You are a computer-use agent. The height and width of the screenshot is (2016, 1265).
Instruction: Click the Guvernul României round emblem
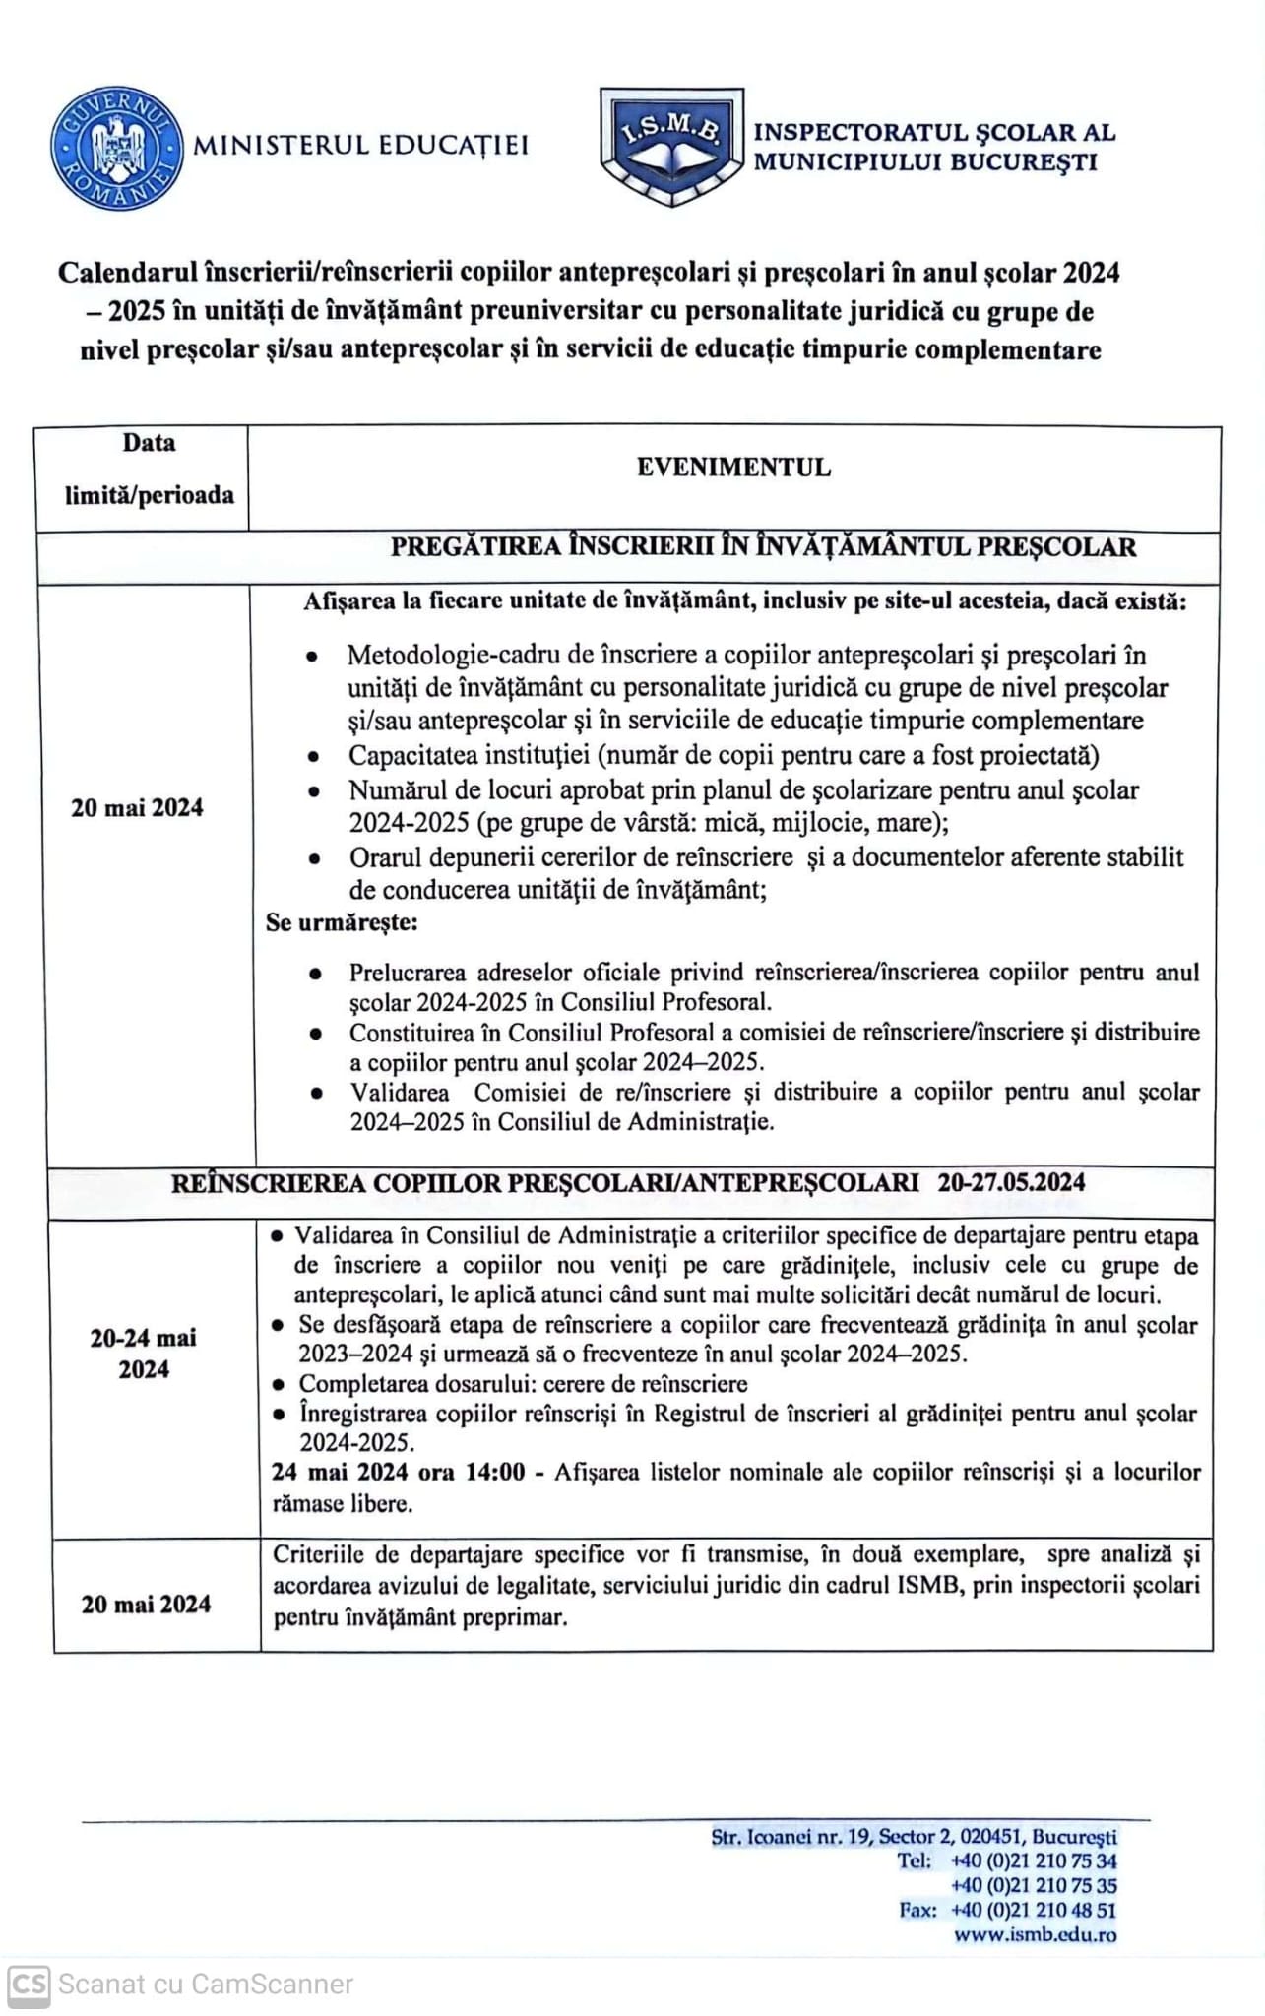tap(117, 149)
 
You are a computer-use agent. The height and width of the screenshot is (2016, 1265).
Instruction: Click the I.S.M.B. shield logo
tap(671, 146)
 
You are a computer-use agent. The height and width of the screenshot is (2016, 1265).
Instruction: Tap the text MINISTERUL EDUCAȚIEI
tap(360, 146)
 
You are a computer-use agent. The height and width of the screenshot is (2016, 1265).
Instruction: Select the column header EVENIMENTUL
tap(733, 468)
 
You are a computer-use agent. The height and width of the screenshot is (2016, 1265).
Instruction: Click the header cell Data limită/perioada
tap(149, 469)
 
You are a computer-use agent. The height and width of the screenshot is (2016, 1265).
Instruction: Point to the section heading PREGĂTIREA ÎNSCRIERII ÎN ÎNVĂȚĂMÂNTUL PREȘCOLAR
tap(763, 547)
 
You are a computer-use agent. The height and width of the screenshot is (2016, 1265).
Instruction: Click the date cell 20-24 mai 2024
tap(144, 1354)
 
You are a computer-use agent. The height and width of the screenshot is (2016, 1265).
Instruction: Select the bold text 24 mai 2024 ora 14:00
tap(398, 1473)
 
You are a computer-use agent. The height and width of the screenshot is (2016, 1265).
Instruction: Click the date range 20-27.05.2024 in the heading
tap(1011, 1183)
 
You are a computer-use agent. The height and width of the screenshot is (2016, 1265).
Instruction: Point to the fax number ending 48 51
tap(1033, 1910)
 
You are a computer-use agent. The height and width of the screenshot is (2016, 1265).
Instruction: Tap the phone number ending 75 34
tap(1033, 1860)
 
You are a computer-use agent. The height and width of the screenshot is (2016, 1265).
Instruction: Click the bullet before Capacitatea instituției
tap(313, 757)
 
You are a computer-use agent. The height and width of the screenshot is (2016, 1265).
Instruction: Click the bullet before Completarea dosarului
tap(279, 1385)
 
